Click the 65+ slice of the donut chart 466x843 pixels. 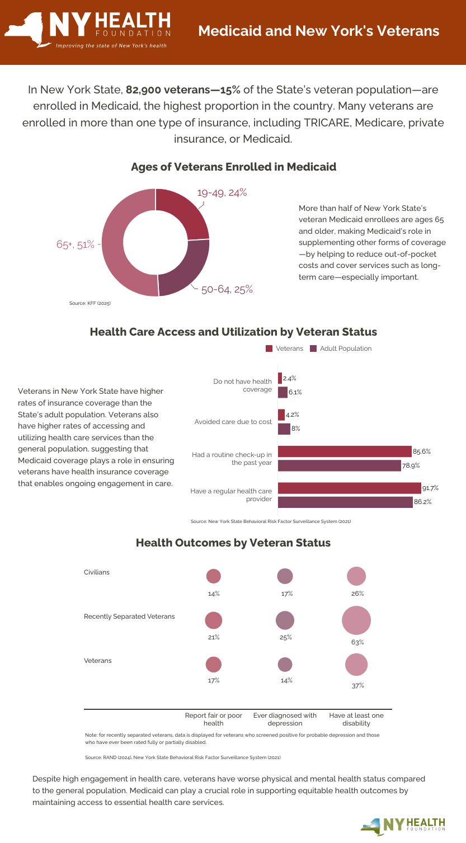pos(115,246)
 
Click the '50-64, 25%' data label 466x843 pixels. pos(227,289)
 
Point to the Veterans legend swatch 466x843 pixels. pos(269,348)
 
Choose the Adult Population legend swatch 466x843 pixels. pos(313,348)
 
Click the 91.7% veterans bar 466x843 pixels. pos(349,488)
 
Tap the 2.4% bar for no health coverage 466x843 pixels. pos(280,379)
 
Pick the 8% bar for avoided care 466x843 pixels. pos(284,429)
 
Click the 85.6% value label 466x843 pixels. pos(422,451)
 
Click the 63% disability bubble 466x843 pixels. pos(356,620)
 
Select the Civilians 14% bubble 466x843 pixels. pos(214,576)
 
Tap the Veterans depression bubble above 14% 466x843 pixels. pos(285,664)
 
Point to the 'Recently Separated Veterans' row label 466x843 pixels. pos(129,616)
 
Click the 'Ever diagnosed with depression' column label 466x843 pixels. pos(285,719)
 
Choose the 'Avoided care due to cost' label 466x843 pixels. pos(233,421)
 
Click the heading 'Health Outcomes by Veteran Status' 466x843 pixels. pos(233,543)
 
